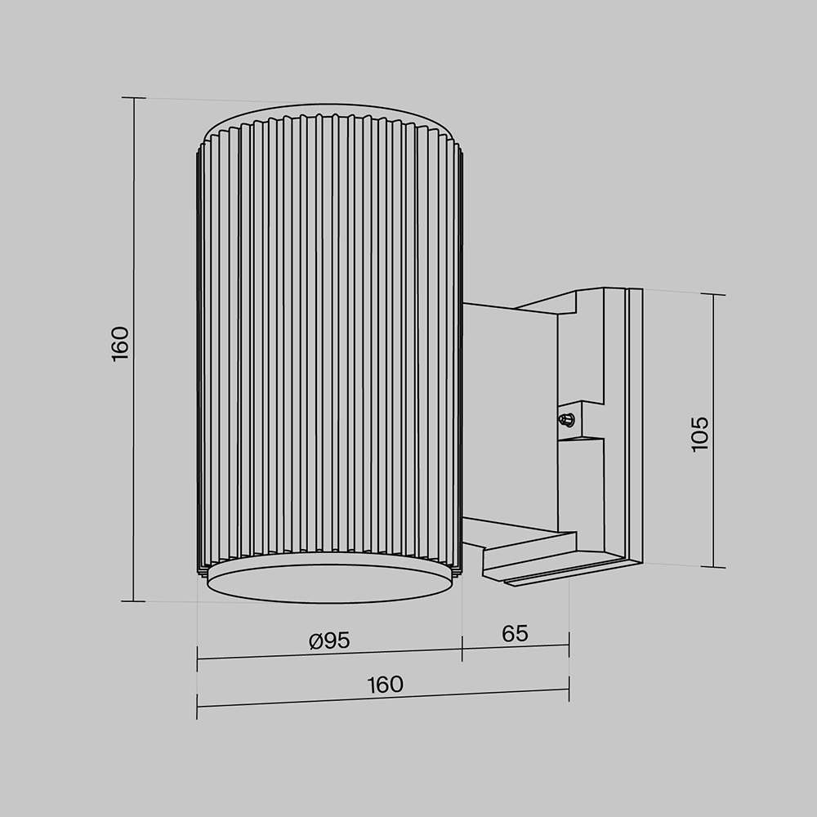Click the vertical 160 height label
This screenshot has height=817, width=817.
pos(120,343)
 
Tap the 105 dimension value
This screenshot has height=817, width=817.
pos(700,434)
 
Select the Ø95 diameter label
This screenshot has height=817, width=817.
pos(330,641)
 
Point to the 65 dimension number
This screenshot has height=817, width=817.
pos(515,633)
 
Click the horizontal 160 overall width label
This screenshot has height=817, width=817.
pos(385,684)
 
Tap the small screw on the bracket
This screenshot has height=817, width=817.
pos(565,420)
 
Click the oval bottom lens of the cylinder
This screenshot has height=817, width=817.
pos(329,581)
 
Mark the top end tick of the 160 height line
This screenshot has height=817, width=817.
pos(133,97)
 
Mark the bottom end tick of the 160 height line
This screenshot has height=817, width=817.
pos(133,601)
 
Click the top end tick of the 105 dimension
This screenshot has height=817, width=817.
pos(713,294)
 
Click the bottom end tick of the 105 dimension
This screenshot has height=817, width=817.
pos(713,566)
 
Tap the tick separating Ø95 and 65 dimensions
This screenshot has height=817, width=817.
pos(462,650)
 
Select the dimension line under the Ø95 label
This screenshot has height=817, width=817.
pos(330,654)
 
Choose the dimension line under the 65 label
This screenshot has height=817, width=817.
pos(515,647)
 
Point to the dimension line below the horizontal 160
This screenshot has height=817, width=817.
pos(384,699)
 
